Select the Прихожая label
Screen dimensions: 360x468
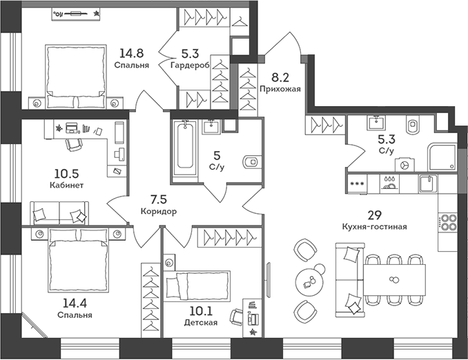point(280,88)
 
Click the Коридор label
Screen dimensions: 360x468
point(158,212)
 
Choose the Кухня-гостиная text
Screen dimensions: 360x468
point(373,226)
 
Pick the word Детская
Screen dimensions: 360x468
point(201,322)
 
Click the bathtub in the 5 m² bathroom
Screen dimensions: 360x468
point(184,148)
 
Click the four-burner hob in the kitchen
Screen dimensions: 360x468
point(449,223)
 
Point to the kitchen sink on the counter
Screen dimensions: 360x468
point(427,184)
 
